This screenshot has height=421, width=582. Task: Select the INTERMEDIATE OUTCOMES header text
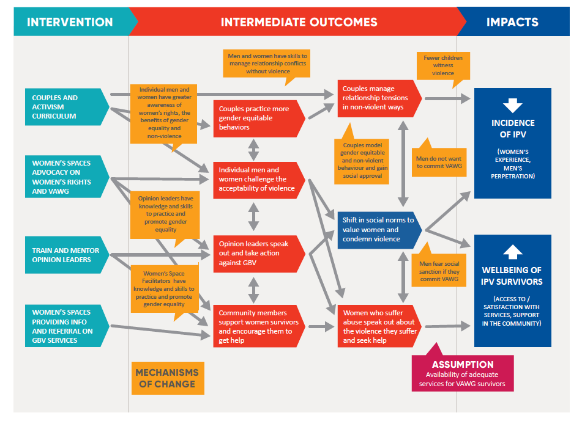[299, 22]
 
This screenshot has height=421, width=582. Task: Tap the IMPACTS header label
[512, 22]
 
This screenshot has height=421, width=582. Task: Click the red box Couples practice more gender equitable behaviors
[259, 119]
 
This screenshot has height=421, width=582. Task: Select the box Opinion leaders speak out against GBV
[259, 254]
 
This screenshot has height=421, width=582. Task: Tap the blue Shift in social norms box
[379, 230]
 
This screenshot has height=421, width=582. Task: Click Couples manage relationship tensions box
[379, 98]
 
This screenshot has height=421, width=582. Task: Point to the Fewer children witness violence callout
[443, 66]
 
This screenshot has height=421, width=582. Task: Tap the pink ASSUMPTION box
[463, 372]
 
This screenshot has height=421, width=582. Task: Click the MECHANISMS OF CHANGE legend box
[168, 378]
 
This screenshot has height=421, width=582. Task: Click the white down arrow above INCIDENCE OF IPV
[513, 106]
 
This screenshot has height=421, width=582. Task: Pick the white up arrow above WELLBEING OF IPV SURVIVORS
[513, 252]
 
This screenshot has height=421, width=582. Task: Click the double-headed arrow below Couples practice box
[253, 149]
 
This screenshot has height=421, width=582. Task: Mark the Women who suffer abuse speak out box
[379, 326]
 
